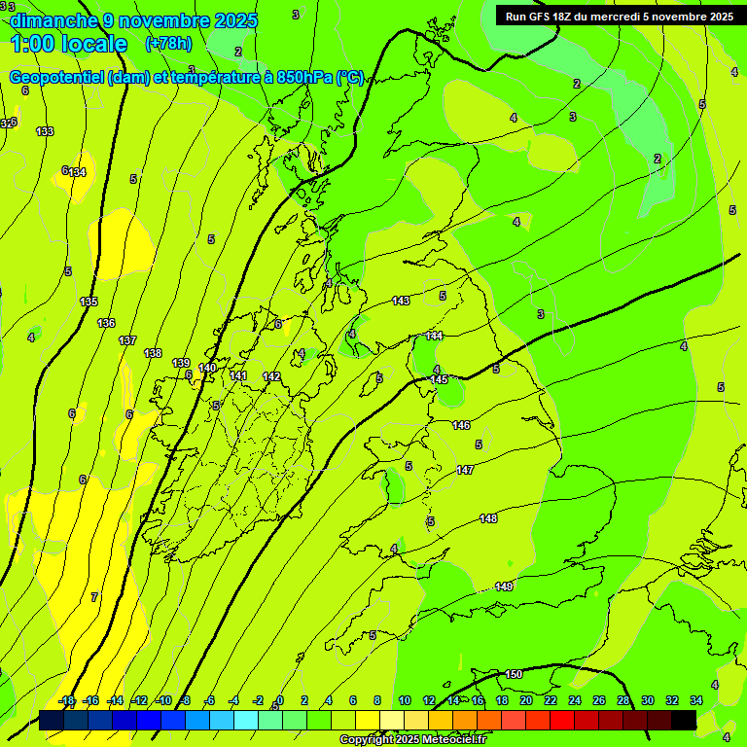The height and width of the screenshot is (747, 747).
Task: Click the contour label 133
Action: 45,131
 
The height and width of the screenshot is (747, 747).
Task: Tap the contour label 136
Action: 107,323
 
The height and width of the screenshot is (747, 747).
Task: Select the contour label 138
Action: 153,353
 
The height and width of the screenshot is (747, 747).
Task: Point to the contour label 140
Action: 207,368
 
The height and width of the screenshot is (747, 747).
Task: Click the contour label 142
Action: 271,376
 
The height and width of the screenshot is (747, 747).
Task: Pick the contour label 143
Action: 401,302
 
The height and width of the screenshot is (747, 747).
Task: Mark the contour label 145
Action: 440,379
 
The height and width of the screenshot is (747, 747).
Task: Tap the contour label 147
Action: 465,470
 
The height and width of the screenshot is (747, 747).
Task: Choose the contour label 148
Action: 488,518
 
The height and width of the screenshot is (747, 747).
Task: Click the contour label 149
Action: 504,587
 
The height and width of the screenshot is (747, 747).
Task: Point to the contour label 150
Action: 514,674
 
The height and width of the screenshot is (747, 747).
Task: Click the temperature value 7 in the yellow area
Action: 94,596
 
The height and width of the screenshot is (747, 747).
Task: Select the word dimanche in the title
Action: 53,20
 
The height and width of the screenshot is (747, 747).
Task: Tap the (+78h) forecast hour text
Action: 168,44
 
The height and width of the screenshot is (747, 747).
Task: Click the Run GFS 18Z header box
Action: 619,16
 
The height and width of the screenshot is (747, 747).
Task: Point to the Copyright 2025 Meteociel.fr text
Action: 412,740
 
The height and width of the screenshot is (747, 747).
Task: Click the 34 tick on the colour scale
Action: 696,700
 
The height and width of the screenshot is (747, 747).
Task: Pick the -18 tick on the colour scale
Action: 67,700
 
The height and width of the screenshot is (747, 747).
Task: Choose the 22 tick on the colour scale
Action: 551,700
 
